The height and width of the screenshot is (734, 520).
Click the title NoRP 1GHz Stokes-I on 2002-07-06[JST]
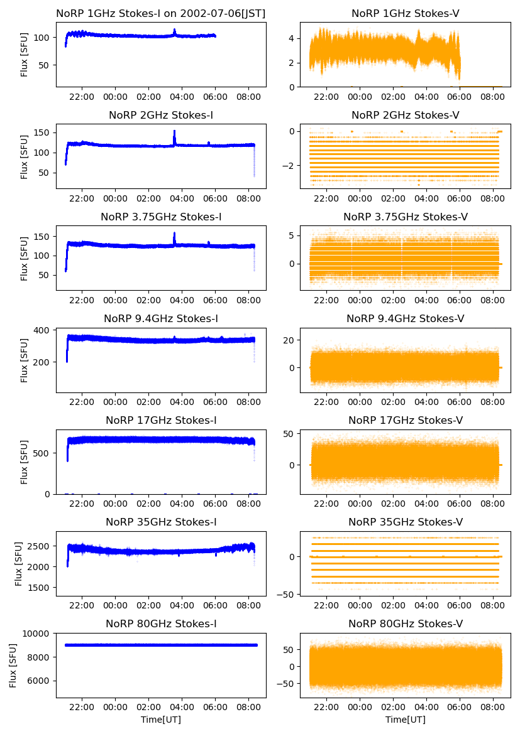click(160, 13)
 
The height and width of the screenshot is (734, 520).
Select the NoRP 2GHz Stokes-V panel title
click(405, 115)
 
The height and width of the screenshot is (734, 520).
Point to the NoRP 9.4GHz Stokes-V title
click(405, 318)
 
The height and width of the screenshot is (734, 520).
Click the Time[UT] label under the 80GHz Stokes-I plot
click(160, 720)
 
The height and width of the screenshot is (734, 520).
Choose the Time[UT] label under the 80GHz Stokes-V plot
click(405, 720)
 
